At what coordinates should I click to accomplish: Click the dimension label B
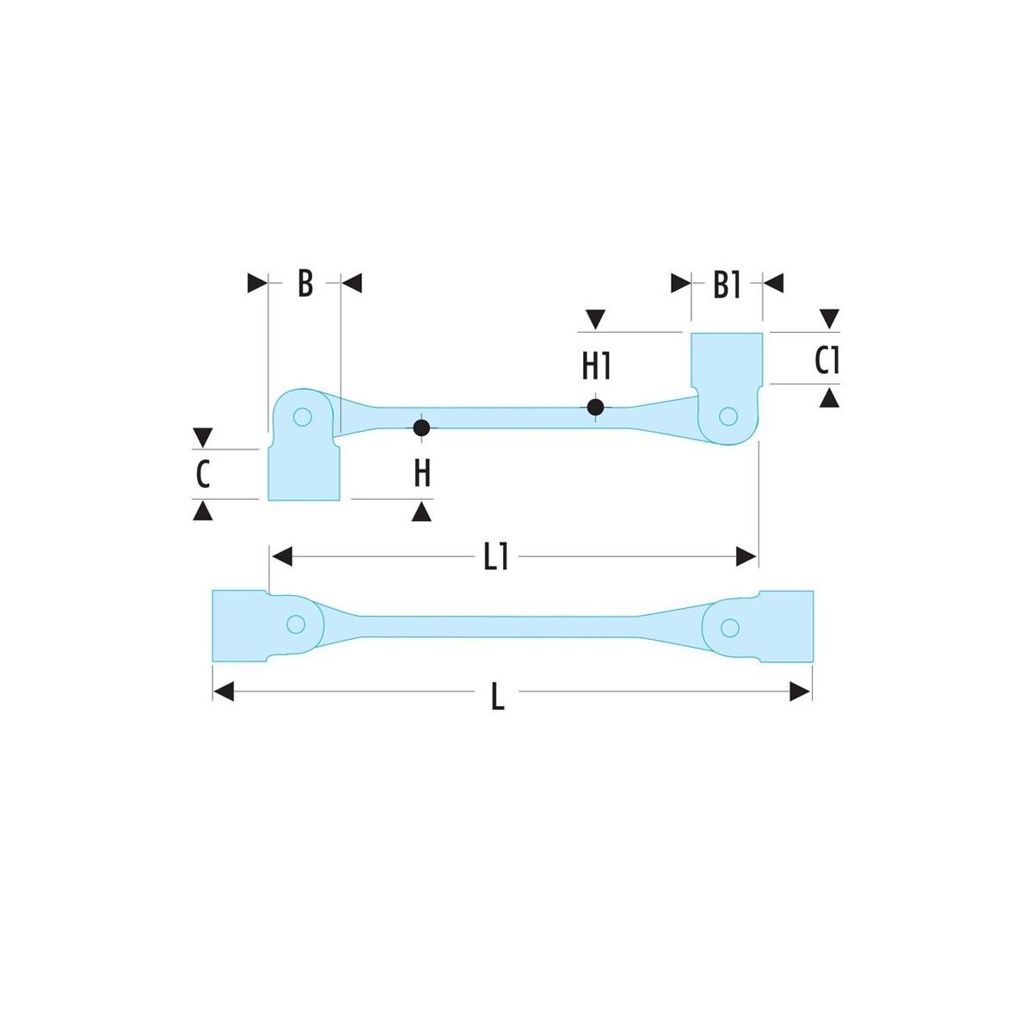[304, 283]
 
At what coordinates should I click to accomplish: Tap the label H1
[596, 366]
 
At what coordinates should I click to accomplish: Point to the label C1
[826, 360]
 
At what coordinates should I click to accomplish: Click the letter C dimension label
[202, 475]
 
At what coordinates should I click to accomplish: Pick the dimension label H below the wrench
[422, 473]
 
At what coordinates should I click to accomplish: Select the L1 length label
[495, 557]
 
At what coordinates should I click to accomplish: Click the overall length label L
[498, 697]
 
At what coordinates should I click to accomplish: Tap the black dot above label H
[421, 428]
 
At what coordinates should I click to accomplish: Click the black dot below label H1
[595, 407]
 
